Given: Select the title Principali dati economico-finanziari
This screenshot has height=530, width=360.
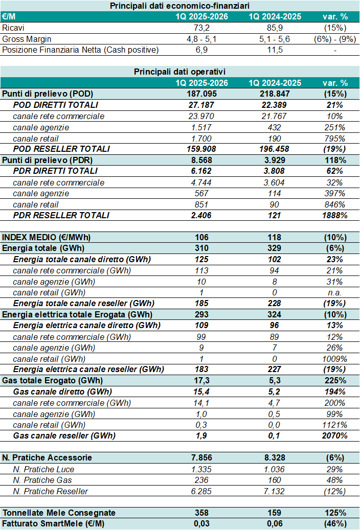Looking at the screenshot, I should coord(179,6).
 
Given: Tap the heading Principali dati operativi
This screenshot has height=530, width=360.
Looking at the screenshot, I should coord(179,72).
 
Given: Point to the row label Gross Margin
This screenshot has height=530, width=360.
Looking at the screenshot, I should coord(27,39).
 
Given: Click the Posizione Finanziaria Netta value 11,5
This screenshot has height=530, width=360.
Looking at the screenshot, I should coord(276,50).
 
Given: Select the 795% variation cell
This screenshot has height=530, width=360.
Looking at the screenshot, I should coord(335,138).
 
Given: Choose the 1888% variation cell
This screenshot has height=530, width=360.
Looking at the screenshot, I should coord(335,215).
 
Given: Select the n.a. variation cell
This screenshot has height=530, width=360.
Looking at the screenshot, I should coord(335,292).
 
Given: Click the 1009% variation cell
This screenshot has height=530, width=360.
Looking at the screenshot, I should coord(335,359).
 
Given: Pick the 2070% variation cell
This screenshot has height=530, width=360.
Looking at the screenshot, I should coord(335,435).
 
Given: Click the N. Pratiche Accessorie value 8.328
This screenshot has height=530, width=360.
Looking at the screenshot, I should coord(276,458).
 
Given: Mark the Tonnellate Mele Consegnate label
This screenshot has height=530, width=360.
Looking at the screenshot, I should coord(59,513).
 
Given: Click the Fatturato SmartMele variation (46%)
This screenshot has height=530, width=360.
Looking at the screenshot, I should coord(335,523).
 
